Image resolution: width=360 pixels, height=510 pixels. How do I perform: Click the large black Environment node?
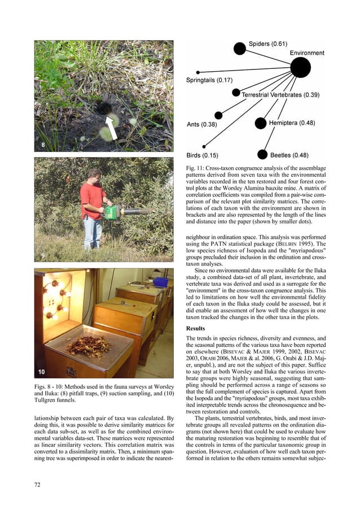pyautogui.click(x=300, y=68)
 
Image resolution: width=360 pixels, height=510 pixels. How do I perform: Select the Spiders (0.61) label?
pyautogui.click(x=268, y=44)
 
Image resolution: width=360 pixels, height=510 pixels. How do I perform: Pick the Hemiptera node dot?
pyautogui.click(x=260, y=123)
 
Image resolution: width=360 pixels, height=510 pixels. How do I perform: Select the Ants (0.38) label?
pyautogui.click(x=201, y=124)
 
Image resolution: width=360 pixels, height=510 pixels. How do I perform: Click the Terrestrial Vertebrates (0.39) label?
pyautogui.click(x=280, y=95)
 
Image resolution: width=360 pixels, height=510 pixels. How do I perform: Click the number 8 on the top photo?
pyautogui.click(x=43, y=145)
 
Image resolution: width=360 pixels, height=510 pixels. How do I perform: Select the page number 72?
pyautogui.click(x=38, y=483)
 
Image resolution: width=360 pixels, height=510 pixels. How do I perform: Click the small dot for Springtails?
pyautogui.click(x=198, y=72)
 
